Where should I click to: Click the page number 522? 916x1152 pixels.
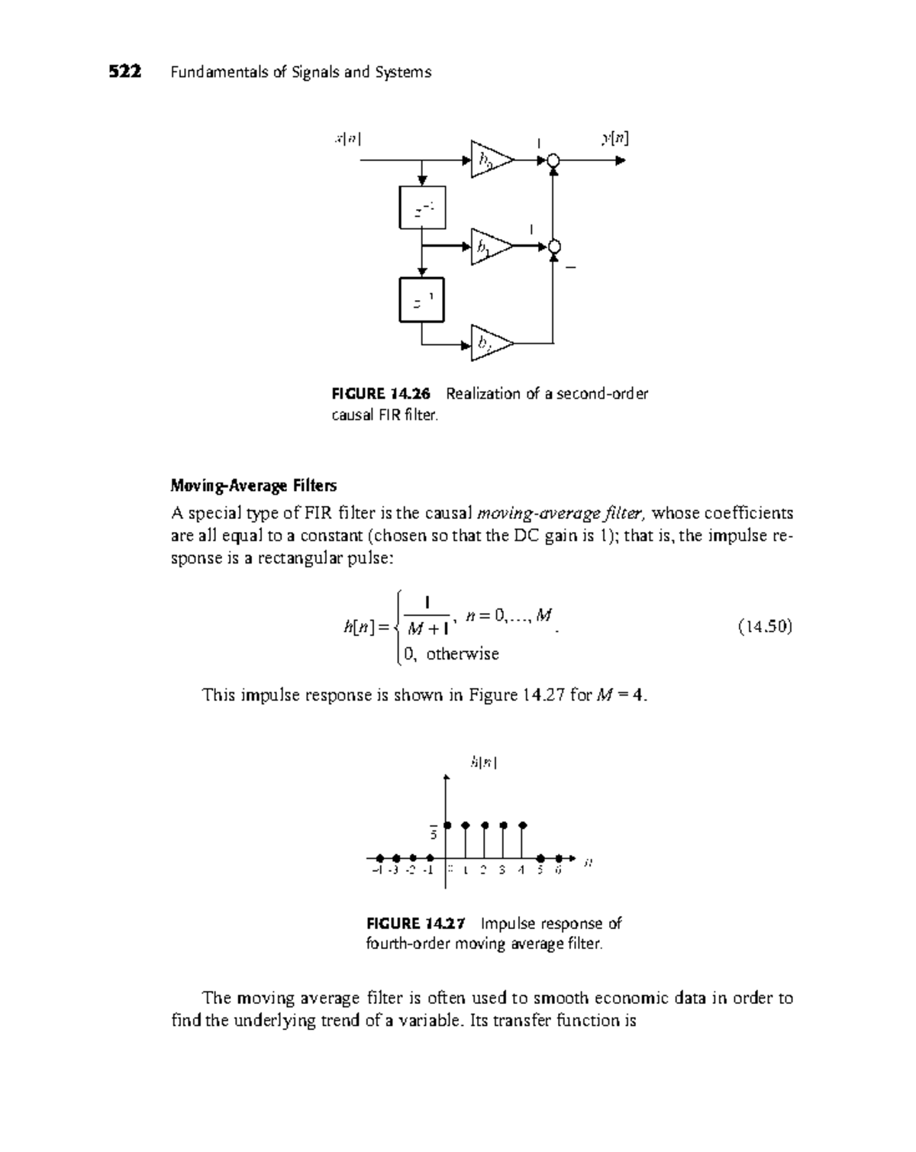click(124, 73)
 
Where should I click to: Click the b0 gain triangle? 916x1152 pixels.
click(489, 160)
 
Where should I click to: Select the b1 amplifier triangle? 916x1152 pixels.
click(489, 247)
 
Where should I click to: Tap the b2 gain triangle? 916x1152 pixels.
click(489, 344)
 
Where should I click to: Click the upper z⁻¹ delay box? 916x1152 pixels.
click(422, 208)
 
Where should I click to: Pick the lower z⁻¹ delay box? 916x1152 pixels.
click(422, 300)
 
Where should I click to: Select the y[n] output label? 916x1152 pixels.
click(615, 139)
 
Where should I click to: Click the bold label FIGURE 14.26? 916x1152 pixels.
click(381, 394)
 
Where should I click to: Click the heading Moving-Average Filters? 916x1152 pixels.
click(253, 486)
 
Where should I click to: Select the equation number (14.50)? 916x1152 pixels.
click(765, 628)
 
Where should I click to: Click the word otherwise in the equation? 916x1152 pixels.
click(463, 654)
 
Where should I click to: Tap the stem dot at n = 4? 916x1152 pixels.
click(523, 825)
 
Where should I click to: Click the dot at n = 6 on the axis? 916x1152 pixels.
click(560, 858)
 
